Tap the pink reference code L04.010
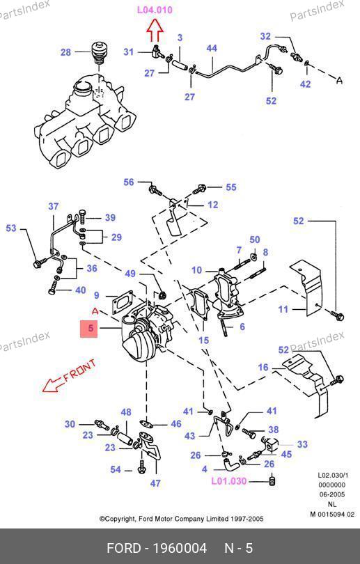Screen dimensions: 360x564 pyautogui.click(x=155, y=10)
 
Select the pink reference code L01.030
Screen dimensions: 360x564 pyautogui.click(x=228, y=481)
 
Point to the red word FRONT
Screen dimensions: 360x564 pyautogui.click(x=80, y=370)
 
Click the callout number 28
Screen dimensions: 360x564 pyautogui.click(x=66, y=52)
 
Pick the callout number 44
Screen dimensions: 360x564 pyautogui.click(x=212, y=48)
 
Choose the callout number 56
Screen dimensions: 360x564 pyautogui.click(x=129, y=182)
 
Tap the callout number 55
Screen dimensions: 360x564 pyautogui.click(x=231, y=187)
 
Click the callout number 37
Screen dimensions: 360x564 pyautogui.click(x=54, y=207)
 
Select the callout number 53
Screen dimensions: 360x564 pyautogui.click(x=11, y=228)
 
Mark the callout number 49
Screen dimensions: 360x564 pyautogui.click(x=130, y=274)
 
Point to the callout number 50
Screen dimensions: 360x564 pyautogui.click(x=255, y=240)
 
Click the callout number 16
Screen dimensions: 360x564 pyautogui.click(x=263, y=367)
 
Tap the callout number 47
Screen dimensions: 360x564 pyautogui.click(x=155, y=483)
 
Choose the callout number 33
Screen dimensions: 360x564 pyautogui.click(x=302, y=444)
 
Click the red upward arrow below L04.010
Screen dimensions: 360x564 pyautogui.click(x=155, y=31)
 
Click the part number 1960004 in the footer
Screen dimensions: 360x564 pyautogui.click(x=180, y=549)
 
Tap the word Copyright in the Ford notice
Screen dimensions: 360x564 pyautogui.click(x=120, y=519)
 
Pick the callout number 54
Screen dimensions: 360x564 pyautogui.click(x=116, y=469)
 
